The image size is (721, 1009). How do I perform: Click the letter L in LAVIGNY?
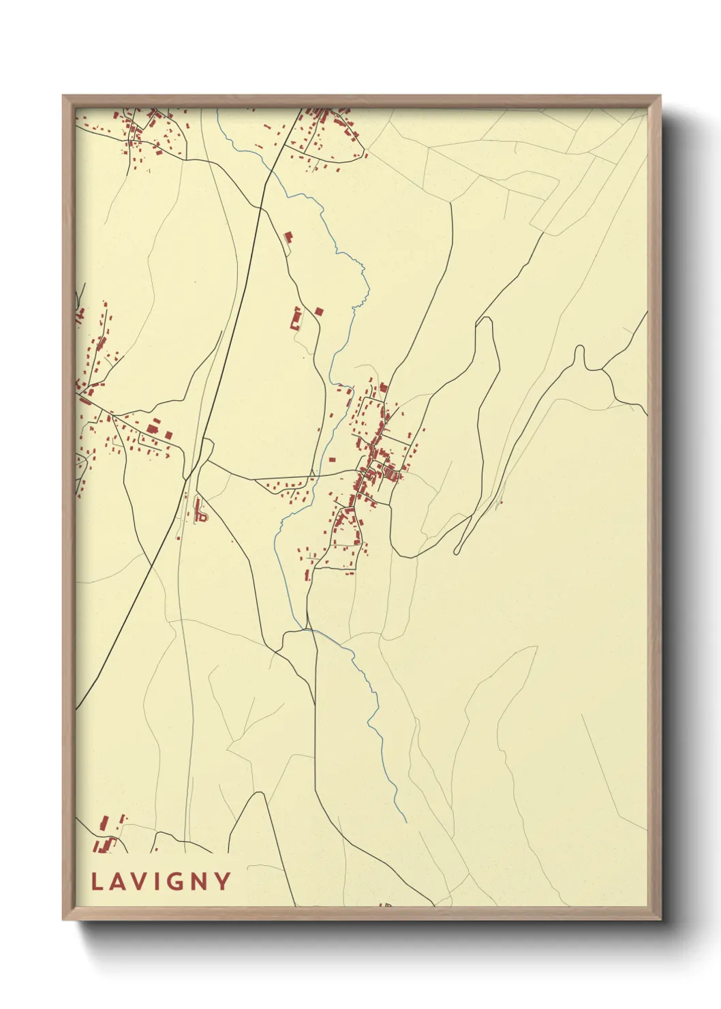coord(97,882)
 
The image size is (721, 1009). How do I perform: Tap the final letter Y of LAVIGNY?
coord(222,882)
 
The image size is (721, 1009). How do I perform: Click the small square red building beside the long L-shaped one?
coord(318,312)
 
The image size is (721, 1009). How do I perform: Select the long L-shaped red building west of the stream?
coord(296,319)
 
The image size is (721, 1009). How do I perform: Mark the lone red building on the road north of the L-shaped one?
coord(288,237)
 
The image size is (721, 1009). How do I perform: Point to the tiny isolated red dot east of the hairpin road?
coord(502,503)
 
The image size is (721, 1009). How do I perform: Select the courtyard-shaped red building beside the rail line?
coord(200,513)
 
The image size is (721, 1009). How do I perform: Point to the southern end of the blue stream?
coord(405,821)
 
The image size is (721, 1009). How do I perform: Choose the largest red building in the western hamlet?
coord(153,427)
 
